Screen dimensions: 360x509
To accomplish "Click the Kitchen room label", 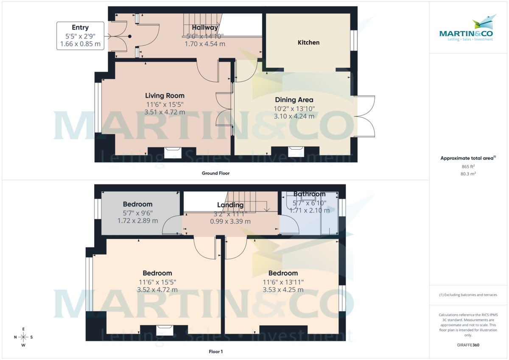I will coord(308,42).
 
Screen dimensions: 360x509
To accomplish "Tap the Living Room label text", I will coord(165,96).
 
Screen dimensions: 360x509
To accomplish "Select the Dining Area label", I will coord(294,100).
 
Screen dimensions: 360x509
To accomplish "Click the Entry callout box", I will coord(80,36).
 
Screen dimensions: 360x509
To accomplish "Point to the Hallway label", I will coord(205,28).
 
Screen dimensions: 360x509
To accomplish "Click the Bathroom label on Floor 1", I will coord(309,194).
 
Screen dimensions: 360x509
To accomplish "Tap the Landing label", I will coord(230,205).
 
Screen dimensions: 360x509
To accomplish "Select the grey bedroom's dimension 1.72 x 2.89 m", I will coord(137,221).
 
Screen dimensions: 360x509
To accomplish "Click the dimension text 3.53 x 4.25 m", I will coord(282,290).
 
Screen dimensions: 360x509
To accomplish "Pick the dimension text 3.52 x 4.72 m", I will coord(157,290).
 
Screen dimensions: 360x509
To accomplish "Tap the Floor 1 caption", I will coord(215,352).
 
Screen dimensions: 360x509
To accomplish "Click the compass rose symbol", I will coord(23,337).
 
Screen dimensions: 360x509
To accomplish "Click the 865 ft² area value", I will coord(468,167).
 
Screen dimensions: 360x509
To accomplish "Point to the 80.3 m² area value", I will coord(468,173).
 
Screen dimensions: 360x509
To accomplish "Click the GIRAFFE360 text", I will coord(468,345).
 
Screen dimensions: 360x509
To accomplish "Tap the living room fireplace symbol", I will coord(173,152).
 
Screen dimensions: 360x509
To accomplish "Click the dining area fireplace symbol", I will coord(295,152).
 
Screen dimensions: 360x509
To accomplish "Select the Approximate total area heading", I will coord(468,158).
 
